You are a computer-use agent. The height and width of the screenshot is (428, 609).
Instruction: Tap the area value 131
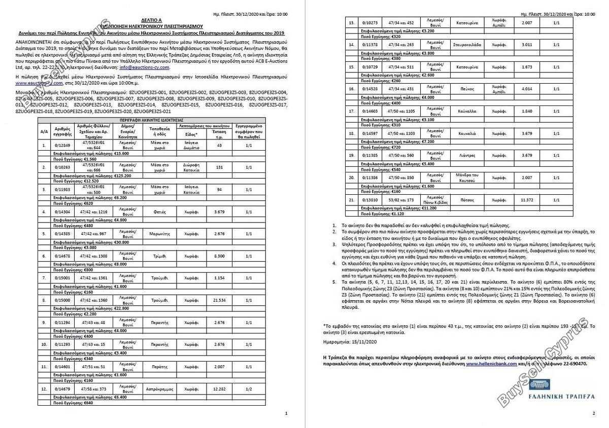(x=220, y=167)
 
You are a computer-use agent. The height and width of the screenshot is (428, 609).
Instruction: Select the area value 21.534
(x=220, y=300)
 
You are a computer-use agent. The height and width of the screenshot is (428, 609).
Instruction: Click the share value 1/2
(x=249, y=389)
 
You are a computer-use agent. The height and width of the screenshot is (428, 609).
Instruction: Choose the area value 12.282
(x=220, y=389)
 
